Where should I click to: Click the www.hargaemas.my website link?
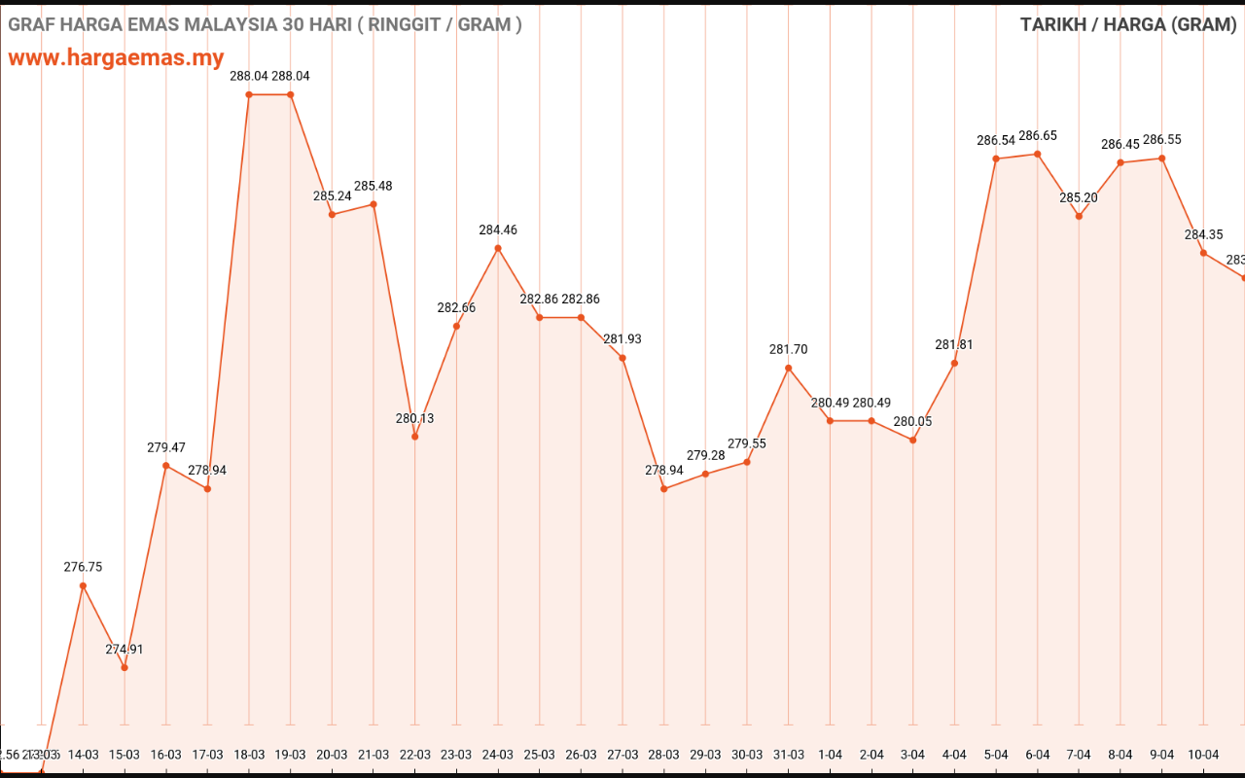pyautogui.click(x=116, y=57)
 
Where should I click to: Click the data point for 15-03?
pyautogui.click(x=124, y=667)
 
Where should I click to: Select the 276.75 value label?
pyautogui.click(x=83, y=567)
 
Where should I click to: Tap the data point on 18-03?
pyautogui.click(x=249, y=94)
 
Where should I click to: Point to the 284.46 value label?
pyautogui.click(x=498, y=230)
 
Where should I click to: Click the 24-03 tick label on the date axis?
pyautogui.click(x=498, y=755)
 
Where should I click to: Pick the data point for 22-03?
pyautogui.click(x=415, y=437)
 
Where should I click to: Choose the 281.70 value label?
pyautogui.click(x=789, y=350)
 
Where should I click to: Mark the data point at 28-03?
pyautogui.click(x=664, y=488)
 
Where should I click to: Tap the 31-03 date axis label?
pyautogui.click(x=789, y=755)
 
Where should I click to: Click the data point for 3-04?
pyautogui.click(x=913, y=440)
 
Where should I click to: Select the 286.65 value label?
pyautogui.click(x=1038, y=136)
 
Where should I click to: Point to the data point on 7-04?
pyautogui.click(x=1079, y=216)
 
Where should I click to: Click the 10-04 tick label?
pyautogui.click(x=1203, y=755)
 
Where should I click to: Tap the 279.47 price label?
pyautogui.click(x=166, y=448)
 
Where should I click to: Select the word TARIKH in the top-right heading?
pyautogui.click(x=1053, y=24)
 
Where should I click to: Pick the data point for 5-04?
pyautogui.click(x=996, y=159)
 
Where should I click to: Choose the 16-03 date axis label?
pyautogui.click(x=166, y=755)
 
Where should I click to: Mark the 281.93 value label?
pyautogui.click(x=622, y=339)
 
